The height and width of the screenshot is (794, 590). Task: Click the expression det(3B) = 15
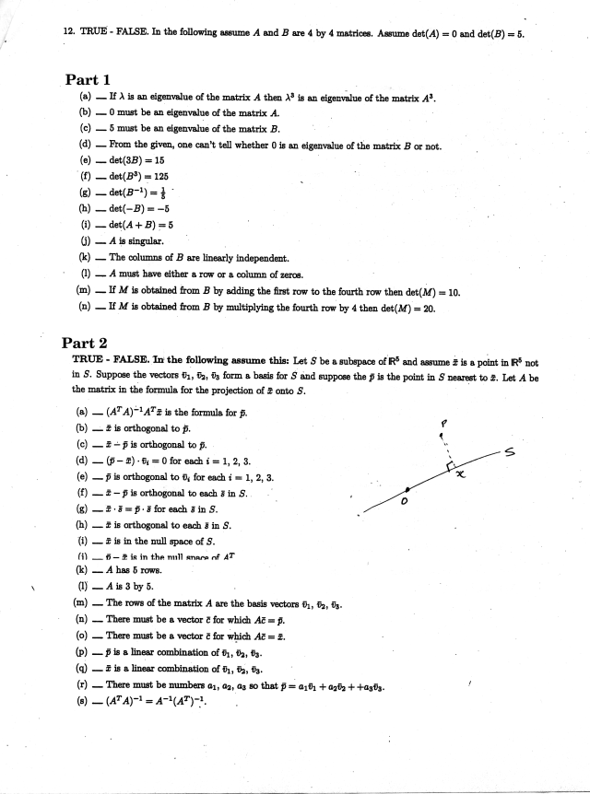click(136, 159)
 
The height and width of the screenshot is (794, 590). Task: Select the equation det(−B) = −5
click(140, 208)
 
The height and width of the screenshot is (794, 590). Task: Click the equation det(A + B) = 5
click(145, 225)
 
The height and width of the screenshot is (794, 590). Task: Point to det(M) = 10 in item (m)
click(429, 292)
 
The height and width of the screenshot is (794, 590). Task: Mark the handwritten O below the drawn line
click(403, 503)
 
